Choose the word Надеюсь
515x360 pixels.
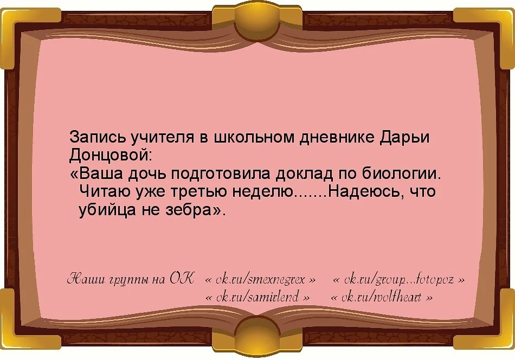pos(363,192)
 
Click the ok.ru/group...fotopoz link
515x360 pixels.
pos(398,280)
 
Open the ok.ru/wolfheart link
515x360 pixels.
pos(381,298)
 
